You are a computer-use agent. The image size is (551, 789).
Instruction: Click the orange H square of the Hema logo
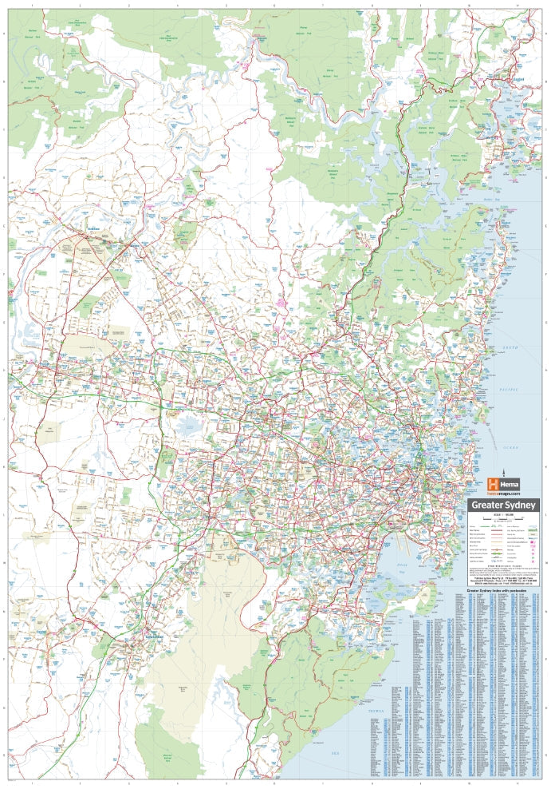pos(493,484)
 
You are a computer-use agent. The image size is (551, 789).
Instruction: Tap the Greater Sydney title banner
pos(504,505)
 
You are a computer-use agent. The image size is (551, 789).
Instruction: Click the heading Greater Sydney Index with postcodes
pos(503,592)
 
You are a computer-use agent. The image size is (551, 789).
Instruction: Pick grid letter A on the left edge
pos(4,34)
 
